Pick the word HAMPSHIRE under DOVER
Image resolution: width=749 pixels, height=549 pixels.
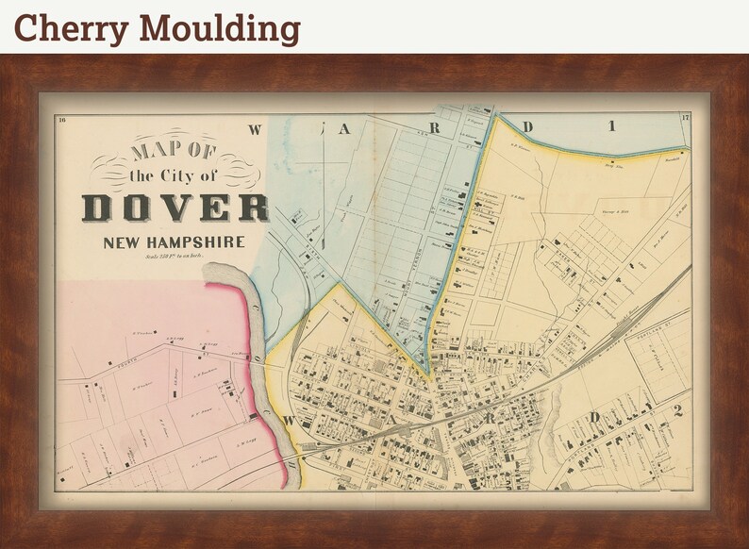(201, 242)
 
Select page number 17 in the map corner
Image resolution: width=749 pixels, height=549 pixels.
(684, 118)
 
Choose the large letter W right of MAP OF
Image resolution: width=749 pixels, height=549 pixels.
(255, 130)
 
